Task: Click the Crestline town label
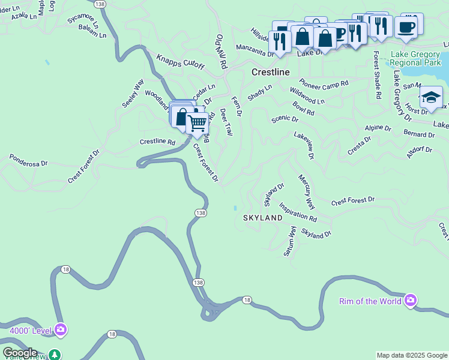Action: tap(270, 72)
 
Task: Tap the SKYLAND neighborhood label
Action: tap(262, 218)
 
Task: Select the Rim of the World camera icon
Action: tap(411, 300)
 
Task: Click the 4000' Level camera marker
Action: tap(61, 329)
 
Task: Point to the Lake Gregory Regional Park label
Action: tap(416, 58)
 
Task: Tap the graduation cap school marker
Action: tap(431, 97)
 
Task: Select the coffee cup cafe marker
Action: tap(406, 27)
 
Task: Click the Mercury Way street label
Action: tap(306, 192)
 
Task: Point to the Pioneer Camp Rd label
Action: tap(324, 85)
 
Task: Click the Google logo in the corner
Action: tap(20, 353)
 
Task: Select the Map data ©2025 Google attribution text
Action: tap(412, 355)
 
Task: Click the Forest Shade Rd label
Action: tap(377, 74)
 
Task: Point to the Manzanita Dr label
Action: tap(255, 50)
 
